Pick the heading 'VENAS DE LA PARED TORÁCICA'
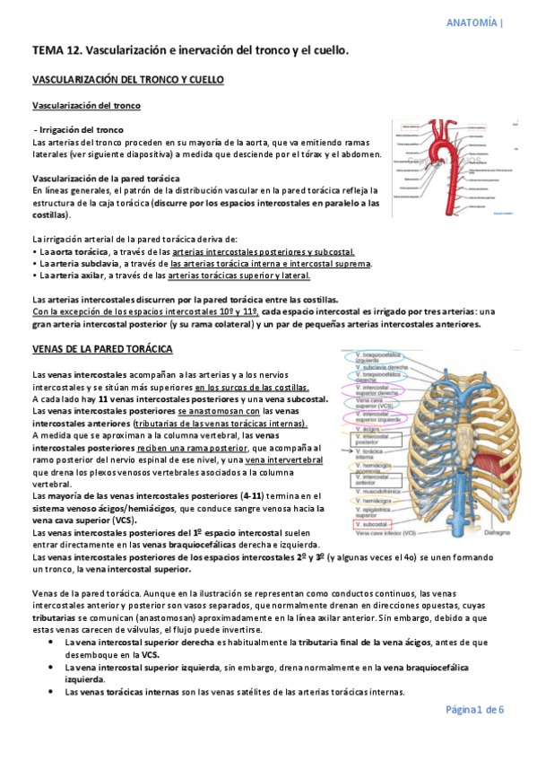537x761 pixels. (101, 348)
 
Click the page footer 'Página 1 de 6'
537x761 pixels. (475, 709)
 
